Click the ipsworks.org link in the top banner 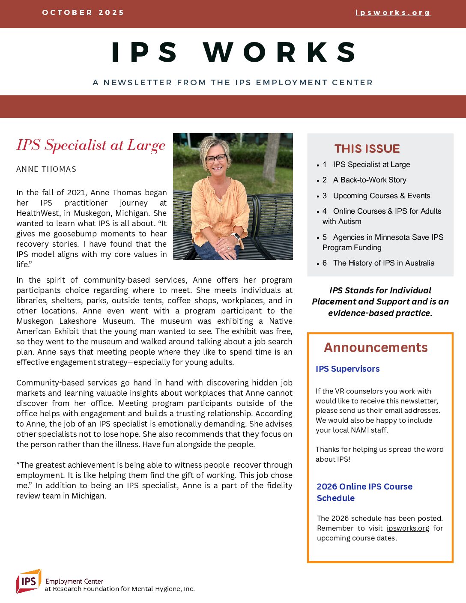(393, 13)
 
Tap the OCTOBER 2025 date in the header (83, 12)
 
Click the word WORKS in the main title (280, 52)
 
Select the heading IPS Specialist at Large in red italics (91, 145)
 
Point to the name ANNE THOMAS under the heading (46, 169)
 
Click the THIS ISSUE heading (367, 149)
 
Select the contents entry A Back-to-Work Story (370, 180)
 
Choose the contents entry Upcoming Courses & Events (382, 196)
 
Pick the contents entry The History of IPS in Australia (384, 263)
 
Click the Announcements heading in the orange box (376, 347)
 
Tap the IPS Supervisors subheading (347, 369)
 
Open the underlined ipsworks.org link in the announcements (408, 528)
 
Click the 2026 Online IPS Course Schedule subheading (364, 492)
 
